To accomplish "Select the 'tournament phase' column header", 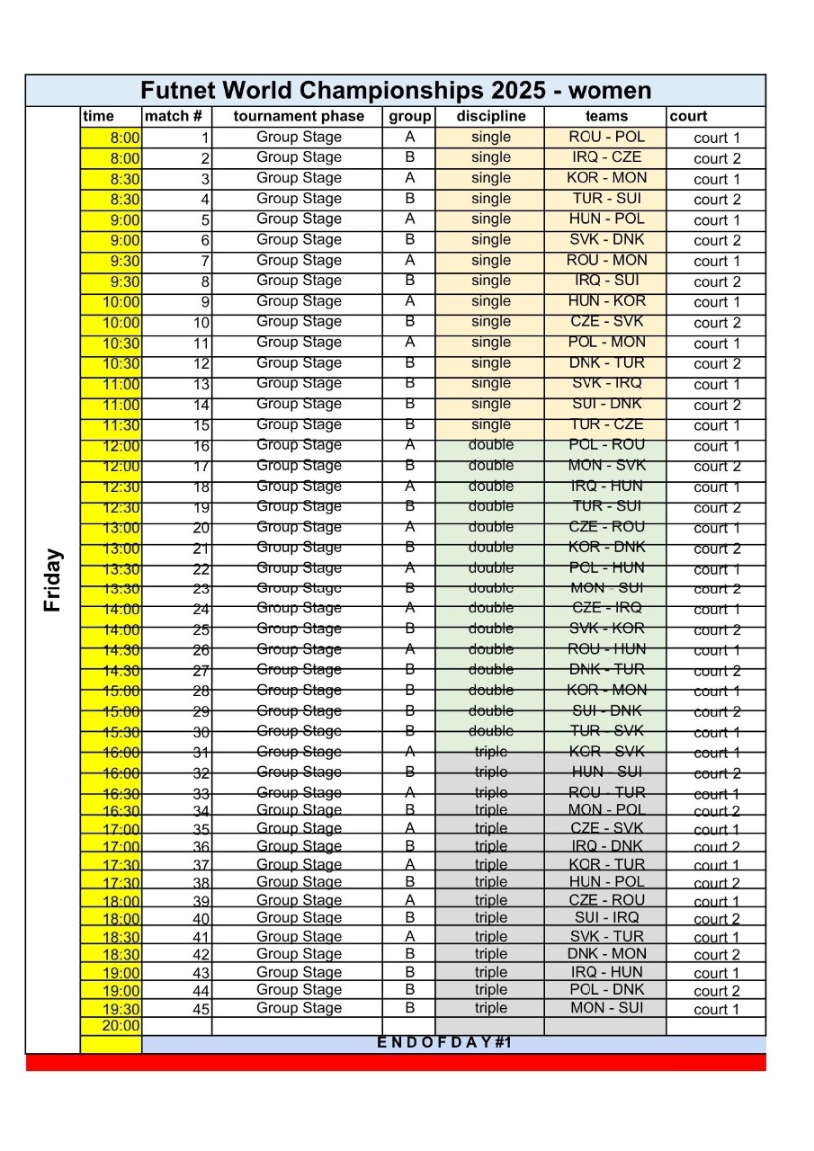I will point(299,116).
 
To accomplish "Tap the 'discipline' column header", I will point(490,116).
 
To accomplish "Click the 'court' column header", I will point(688,116).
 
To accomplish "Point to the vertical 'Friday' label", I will point(53,580).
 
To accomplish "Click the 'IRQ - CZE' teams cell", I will point(606,157).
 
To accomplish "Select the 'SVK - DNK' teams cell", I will point(606,239).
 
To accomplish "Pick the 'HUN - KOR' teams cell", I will point(606,301).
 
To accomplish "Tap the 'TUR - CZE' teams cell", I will point(606,424).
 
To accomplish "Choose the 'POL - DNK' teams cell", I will point(606,989).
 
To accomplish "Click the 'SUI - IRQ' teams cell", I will point(606,917).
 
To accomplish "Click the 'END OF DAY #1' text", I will point(443,1043).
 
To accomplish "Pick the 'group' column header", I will point(409,116).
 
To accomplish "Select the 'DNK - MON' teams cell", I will point(606,954).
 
